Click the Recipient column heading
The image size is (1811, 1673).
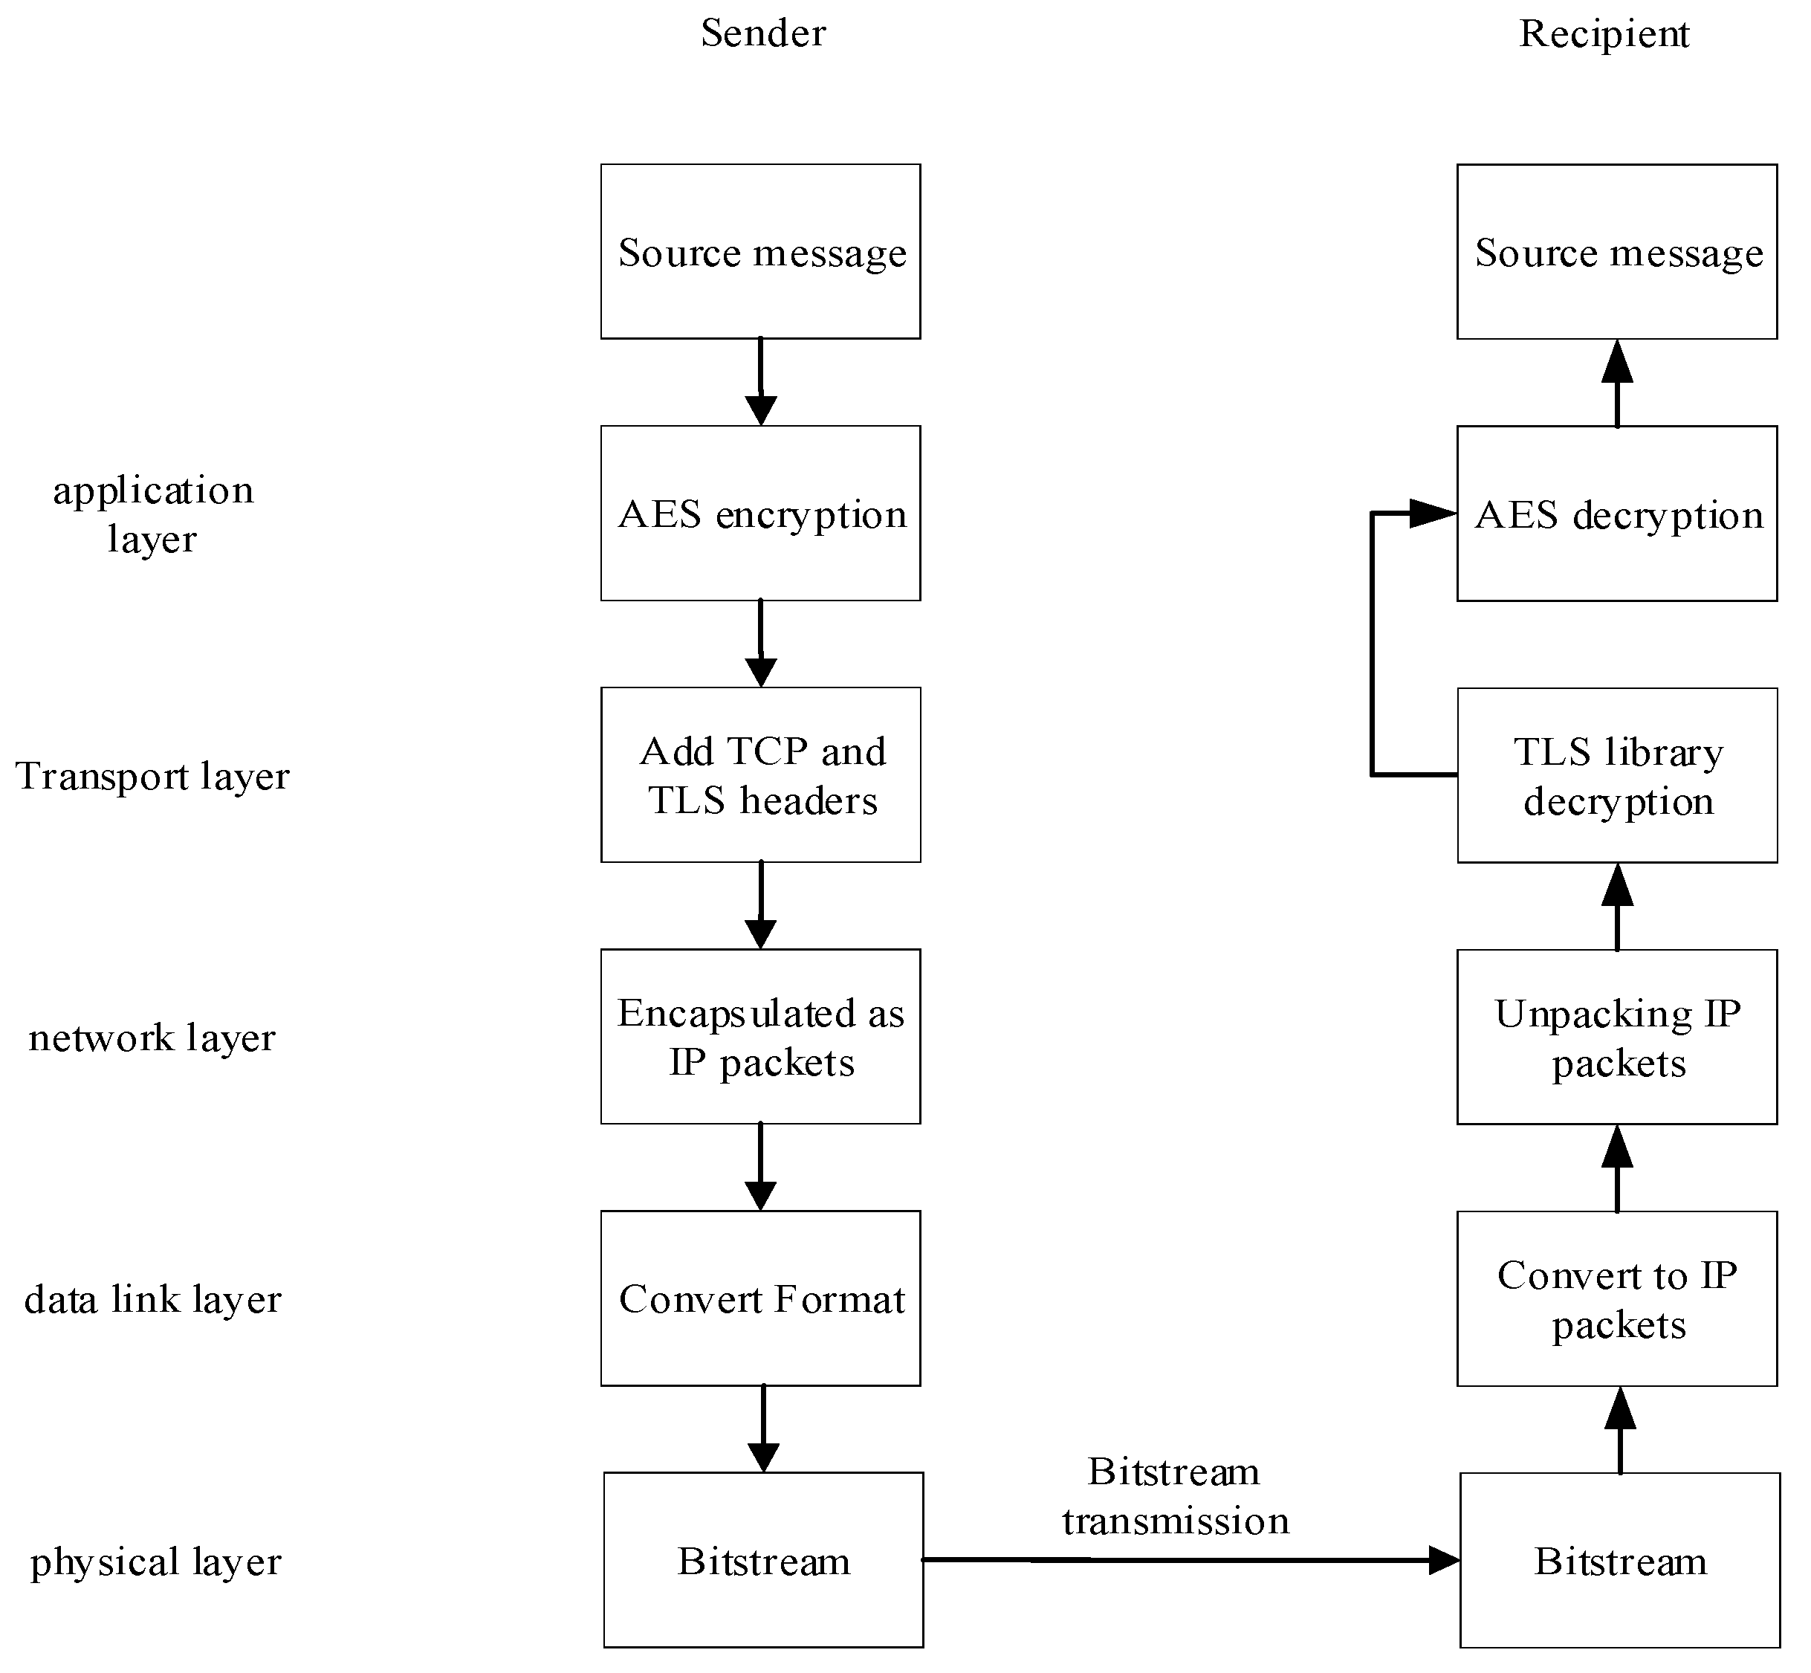(1603, 33)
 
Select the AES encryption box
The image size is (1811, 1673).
(760, 514)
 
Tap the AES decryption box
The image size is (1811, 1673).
(1616, 514)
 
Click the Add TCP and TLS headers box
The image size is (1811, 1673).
(760, 775)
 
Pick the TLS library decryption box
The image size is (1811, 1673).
(1616, 775)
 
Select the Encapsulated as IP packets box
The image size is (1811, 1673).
(760, 1037)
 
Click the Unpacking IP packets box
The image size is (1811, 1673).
(1616, 1037)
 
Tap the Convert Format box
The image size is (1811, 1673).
(760, 1298)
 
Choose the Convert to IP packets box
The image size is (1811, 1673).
(1616, 1298)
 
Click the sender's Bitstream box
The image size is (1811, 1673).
(763, 1561)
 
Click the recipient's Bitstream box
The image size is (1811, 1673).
(1619, 1561)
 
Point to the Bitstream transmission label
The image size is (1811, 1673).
(1175, 1496)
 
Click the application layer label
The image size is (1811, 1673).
(152, 514)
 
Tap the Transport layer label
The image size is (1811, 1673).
(152, 776)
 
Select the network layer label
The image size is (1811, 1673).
(152, 1038)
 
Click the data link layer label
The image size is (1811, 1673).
(152, 1299)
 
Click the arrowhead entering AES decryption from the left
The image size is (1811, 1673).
(1433, 514)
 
